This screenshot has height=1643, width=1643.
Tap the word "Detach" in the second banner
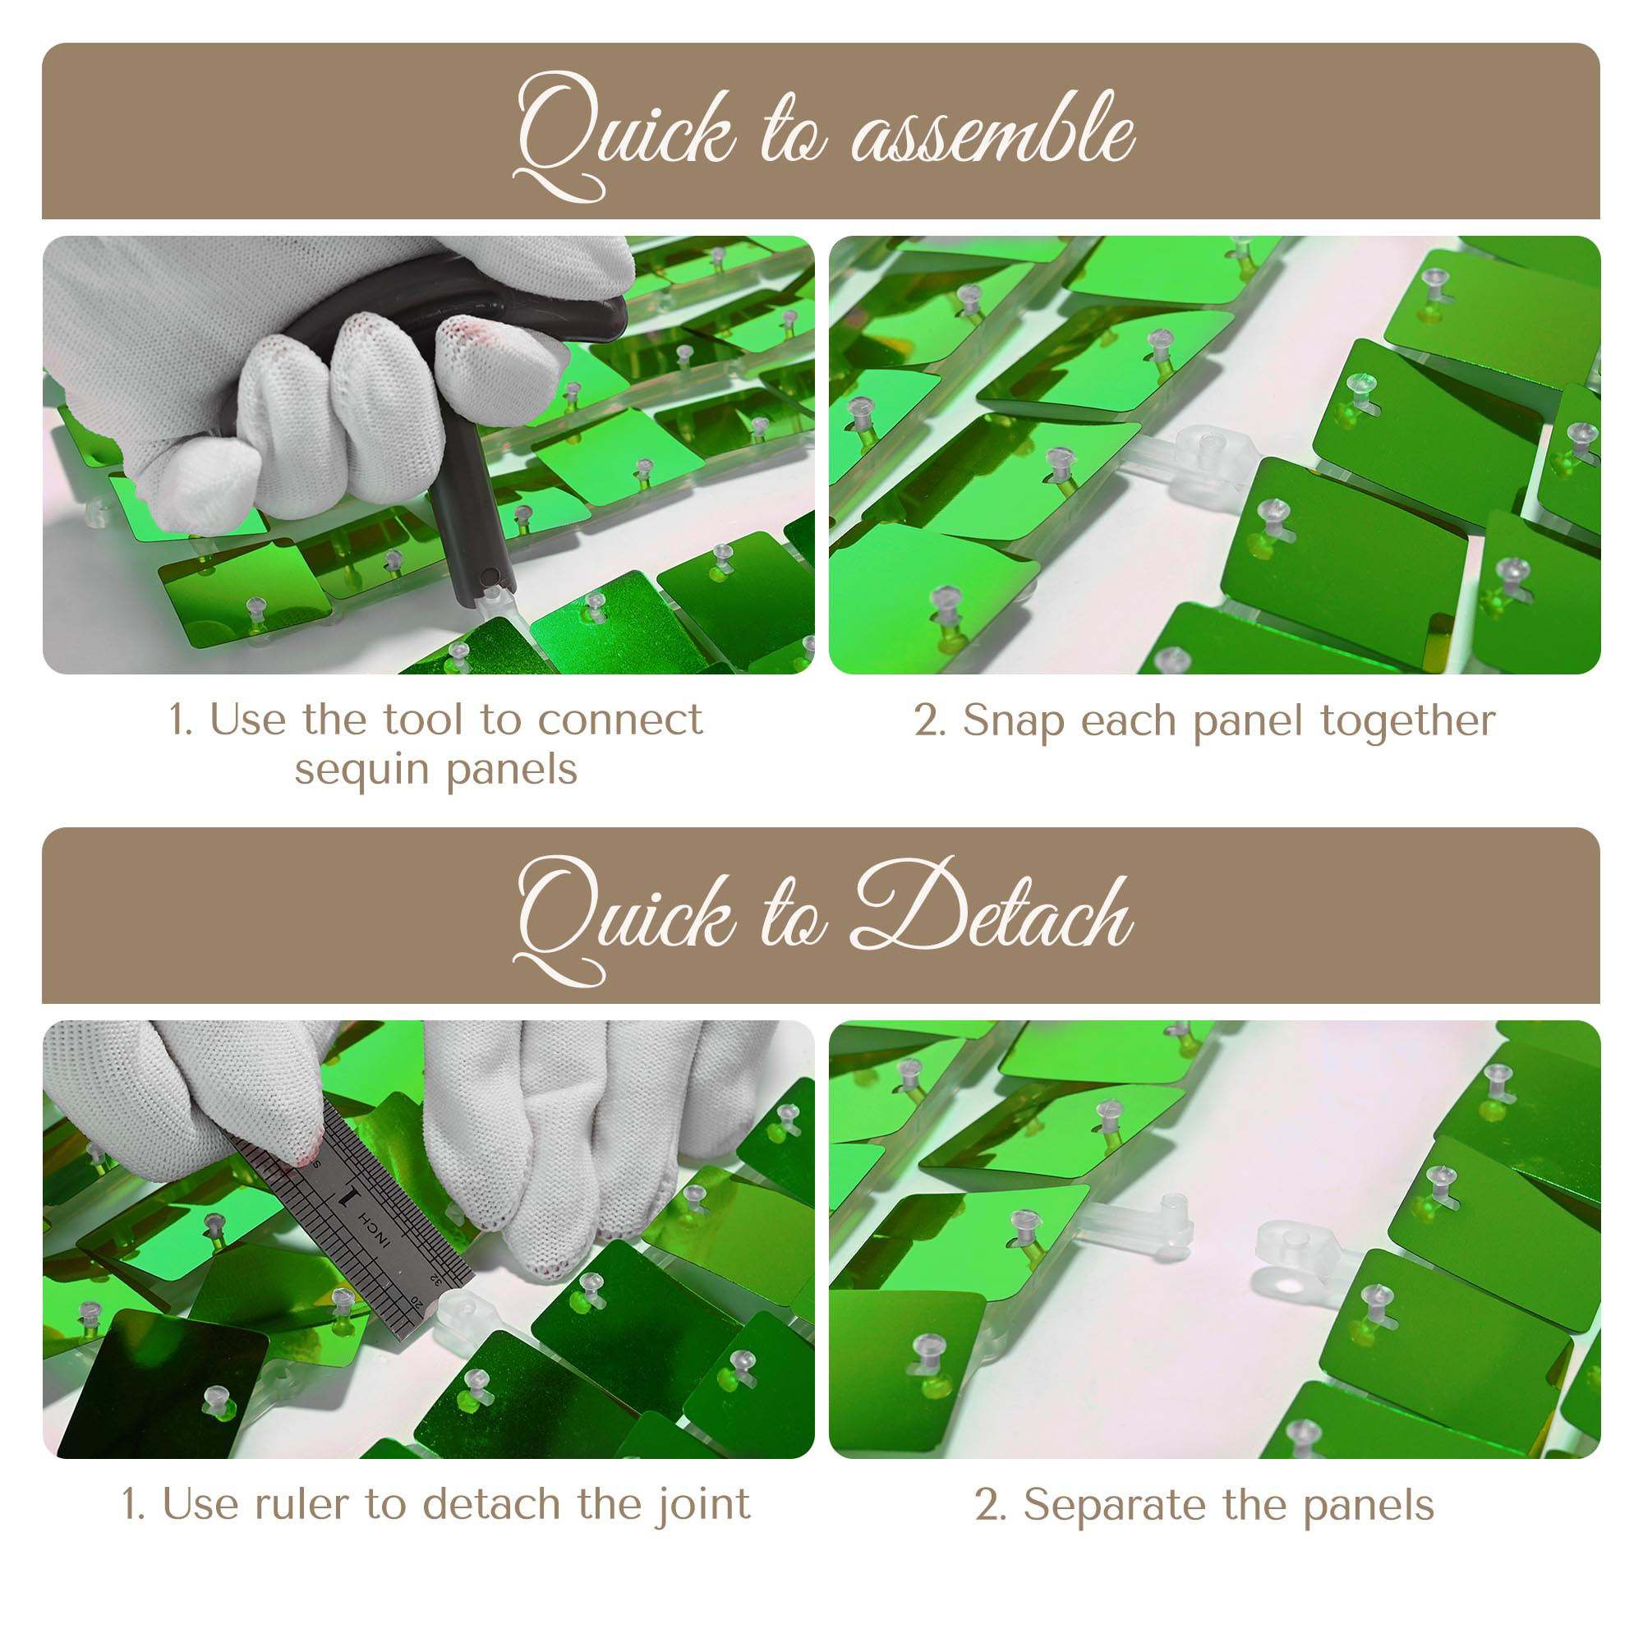(993, 911)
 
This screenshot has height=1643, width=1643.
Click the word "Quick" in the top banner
(625, 136)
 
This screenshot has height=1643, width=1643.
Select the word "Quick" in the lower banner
(625, 920)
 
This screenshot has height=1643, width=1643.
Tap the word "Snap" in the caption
(1013, 722)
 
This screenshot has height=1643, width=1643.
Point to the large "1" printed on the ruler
(348, 1199)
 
